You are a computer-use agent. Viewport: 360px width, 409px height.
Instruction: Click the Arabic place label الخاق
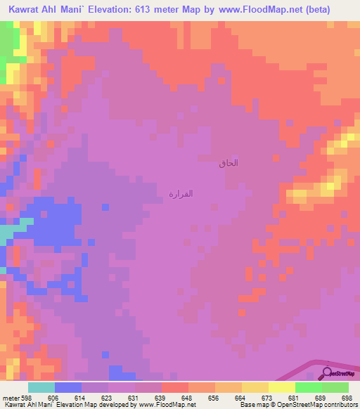[x=229, y=163]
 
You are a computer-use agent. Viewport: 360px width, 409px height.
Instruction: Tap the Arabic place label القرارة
[x=181, y=193]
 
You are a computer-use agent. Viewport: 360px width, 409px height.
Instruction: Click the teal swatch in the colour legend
[x=41, y=387]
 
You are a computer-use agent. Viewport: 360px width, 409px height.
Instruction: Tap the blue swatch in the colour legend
[x=67, y=387]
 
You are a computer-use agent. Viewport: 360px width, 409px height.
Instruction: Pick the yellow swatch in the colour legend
[x=255, y=387]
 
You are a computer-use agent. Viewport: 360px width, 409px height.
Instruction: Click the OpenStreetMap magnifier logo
[x=327, y=372]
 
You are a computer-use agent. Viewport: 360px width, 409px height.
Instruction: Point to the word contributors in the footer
[x=339, y=405]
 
